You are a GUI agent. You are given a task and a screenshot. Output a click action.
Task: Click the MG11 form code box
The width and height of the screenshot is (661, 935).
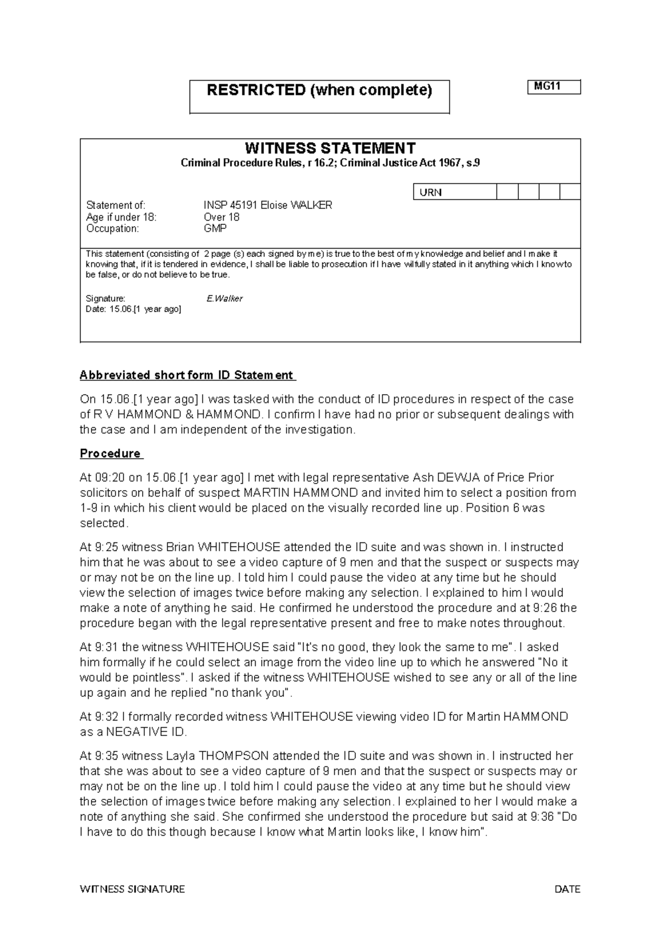click(x=554, y=87)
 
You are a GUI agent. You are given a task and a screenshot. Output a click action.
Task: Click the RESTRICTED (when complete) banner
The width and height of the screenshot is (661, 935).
click(x=319, y=90)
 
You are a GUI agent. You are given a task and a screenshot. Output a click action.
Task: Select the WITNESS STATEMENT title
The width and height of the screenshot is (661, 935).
click(x=330, y=148)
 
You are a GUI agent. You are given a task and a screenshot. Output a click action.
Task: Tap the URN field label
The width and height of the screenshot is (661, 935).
click(x=431, y=192)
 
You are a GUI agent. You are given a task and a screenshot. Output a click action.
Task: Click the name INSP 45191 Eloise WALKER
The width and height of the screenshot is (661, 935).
click(x=268, y=205)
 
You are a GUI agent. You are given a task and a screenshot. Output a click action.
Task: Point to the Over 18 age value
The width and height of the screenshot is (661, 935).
click(x=221, y=217)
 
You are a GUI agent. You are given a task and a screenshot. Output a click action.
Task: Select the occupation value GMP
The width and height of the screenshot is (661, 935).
click(x=215, y=228)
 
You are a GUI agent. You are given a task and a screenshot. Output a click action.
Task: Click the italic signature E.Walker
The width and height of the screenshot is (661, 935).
click(x=224, y=298)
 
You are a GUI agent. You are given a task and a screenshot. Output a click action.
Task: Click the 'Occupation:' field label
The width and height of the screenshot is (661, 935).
click(x=112, y=228)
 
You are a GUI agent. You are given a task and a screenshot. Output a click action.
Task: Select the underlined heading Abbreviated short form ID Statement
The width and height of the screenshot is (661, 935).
click(x=187, y=375)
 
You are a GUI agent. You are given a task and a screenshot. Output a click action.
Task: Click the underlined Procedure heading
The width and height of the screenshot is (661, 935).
click(x=111, y=454)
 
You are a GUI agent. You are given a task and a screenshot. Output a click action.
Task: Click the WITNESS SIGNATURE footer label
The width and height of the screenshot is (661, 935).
click(x=132, y=889)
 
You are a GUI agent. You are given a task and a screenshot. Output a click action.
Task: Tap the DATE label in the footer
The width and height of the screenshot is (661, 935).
click(x=567, y=889)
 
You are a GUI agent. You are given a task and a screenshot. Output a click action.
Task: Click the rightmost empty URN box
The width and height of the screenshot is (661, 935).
click(x=570, y=192)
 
